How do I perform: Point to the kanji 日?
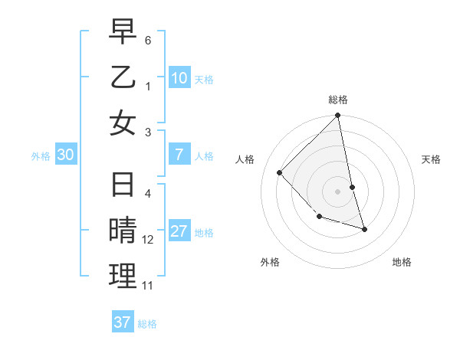pos(123,185)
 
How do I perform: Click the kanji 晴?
pos(123,231)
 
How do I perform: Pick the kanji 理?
pos(123,277)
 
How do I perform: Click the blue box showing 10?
pos(179,77)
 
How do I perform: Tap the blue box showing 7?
pos(179,155)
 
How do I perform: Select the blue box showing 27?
pos(179,231)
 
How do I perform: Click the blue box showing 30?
pos(66,155)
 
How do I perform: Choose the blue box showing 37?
pos(123,322)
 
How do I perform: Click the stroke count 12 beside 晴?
pos(148,240)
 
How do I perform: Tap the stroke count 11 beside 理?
pos(148,286)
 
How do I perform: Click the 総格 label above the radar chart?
pos(338,100)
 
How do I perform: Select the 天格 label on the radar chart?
pos(432,159)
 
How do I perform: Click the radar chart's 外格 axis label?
pos(270,262)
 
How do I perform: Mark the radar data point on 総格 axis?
pos(338,116)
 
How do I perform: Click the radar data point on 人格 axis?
pos(280,172)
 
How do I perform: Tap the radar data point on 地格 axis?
pos(364,229)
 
